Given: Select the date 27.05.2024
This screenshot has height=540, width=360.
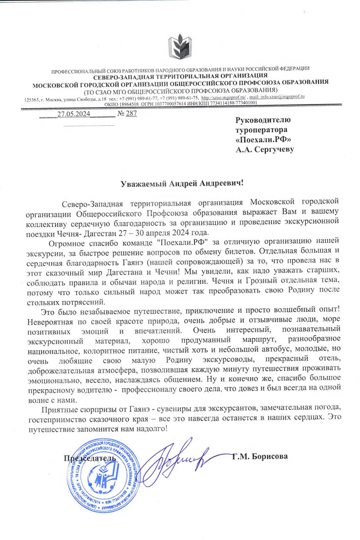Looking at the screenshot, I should (74, 113).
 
